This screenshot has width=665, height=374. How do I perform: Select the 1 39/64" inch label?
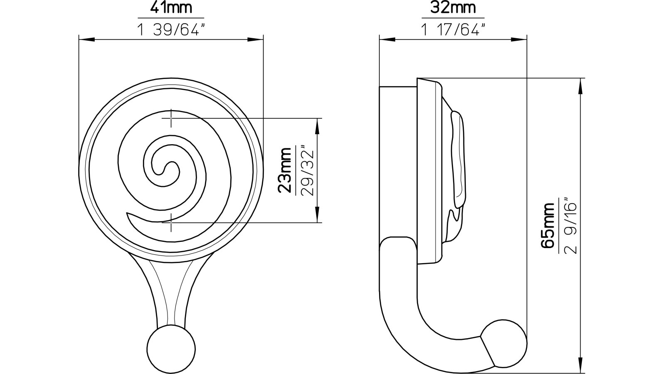click(x=171, y=29)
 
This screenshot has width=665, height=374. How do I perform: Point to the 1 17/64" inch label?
click(x=453, y=29)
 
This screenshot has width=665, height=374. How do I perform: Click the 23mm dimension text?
click(x=286, y=170)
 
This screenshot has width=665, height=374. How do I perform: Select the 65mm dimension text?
click(x=549, y=225)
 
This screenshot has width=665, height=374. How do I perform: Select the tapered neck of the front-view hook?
click(x=171, y=291)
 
